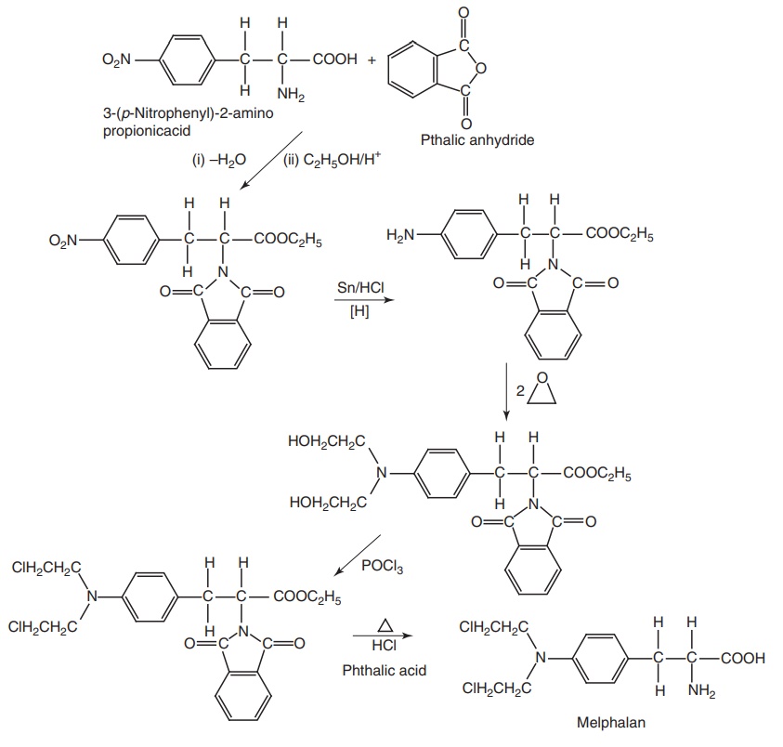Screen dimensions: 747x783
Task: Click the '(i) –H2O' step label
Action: click(x=218, y=159)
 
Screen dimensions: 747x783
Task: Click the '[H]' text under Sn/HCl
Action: click(x=358, y=312)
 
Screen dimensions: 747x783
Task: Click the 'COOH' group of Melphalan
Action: click(x=745, y=658)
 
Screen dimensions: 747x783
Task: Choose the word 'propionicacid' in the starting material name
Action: click(x=140, y=131)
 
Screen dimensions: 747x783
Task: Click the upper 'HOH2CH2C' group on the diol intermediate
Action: click(x=327, y=441)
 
